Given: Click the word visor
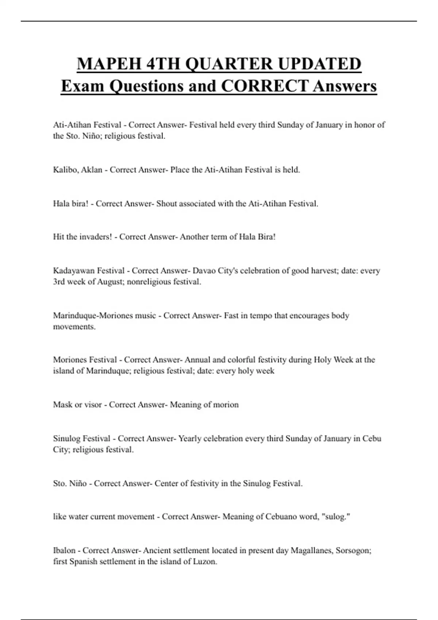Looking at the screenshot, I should (93, 405).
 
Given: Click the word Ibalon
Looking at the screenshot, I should (64, 550).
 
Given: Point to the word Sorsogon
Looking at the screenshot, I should (353, 550).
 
